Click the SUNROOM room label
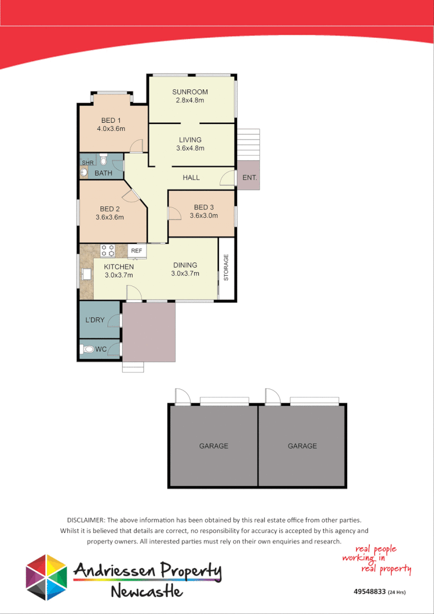190,92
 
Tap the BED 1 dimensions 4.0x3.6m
111,129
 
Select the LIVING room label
190,140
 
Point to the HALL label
191,177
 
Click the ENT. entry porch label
250,177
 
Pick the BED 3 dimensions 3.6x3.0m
204,215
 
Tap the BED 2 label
110,209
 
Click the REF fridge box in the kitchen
137,251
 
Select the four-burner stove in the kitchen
108,250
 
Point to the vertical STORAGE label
227,268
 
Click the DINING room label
185,265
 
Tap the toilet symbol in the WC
89,349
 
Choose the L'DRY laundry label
94,320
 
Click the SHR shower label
87,163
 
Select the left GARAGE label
214,446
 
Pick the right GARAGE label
302,446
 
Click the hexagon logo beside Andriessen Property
46,577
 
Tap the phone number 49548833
369,592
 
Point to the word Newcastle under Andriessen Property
147,591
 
